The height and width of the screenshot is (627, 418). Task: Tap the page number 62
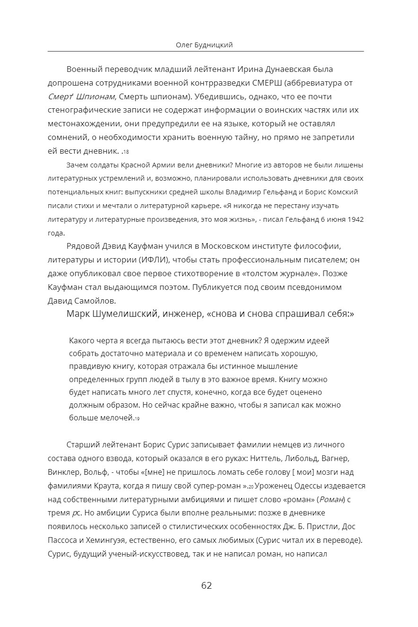tap(207, 585)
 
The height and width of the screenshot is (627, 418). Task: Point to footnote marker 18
tap(126, 152)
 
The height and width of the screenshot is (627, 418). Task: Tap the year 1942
tap(353, 219)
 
